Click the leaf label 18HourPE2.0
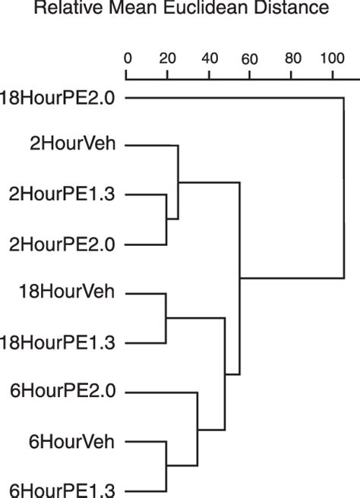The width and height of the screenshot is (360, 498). coord(57,98)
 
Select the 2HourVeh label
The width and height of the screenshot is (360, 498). coord(72,143)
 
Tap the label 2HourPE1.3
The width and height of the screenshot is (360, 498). coord(62,194)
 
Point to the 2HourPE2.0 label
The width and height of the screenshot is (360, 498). coord(62,245)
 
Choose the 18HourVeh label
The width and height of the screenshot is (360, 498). coord(67,292)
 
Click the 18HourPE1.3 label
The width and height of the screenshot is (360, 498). coord(57,343)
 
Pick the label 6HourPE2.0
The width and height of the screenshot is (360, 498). coord(63,391)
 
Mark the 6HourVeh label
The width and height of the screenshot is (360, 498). coord(71,442)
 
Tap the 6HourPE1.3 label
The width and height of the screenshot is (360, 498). coord(62,490)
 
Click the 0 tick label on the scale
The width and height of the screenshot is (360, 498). coord(128,58)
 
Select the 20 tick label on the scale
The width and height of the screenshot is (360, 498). coord(167,58)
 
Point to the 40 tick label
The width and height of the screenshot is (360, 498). coord(210,58)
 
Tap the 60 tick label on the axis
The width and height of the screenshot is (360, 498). coord(249,59)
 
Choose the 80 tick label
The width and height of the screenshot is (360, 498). coord(293,58)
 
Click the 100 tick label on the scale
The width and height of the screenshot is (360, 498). coord(333,58)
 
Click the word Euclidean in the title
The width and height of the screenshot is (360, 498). coord(206,8)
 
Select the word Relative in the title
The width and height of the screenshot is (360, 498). coord(68,8)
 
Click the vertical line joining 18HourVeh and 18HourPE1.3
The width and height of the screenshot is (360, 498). coord(166,318)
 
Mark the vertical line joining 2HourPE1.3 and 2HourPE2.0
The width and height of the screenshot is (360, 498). coord(166,219)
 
